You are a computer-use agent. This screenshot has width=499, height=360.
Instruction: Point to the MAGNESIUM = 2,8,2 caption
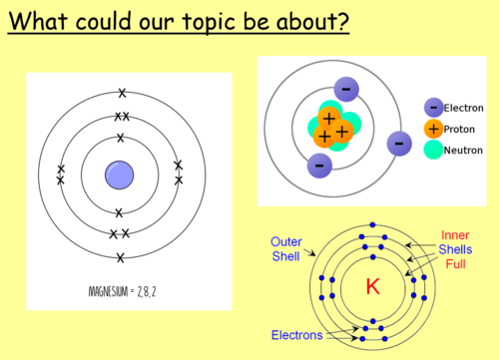tap(120, 292)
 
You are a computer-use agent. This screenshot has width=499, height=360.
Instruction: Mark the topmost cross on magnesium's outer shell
tap(122, 94)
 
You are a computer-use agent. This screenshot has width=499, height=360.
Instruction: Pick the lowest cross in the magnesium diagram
tap(121, 258)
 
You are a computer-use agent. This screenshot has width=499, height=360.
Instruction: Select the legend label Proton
tap(458, 130)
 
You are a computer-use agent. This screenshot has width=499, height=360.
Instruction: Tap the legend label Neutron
tap(461, 151)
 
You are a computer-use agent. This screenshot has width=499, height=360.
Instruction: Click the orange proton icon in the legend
tap(433, 130)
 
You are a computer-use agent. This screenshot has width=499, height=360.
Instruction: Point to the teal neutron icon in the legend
tap(433, 151)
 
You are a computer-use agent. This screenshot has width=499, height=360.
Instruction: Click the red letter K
tap(372, 287)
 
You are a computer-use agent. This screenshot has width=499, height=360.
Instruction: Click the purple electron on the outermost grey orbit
tap(399, 144)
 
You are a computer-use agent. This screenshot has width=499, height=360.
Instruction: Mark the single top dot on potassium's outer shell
tap(372, 224)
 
